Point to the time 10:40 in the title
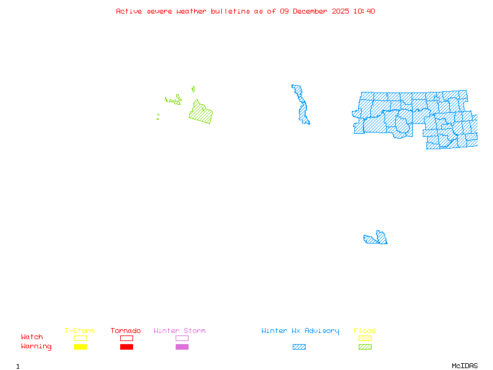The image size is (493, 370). [x=364, y=11]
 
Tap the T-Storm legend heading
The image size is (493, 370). [x=79, y=331]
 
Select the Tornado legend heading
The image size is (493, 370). [x=126, y=331]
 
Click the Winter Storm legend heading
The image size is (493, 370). [x=179, y=331]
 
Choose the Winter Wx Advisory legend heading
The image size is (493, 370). [x=300, y=331]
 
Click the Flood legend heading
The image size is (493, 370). [x=365, y=331]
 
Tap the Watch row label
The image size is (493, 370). [x=32, y=337]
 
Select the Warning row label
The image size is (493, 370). [x=36, y=347]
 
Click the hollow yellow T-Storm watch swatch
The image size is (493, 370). [x=80, y=338]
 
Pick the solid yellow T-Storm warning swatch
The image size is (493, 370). [x=80, y=347]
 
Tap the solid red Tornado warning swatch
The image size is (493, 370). [x=126, y=347]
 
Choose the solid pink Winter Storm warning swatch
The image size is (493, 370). [x=182, y=347]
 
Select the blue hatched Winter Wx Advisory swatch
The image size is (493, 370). [x=299, y=347]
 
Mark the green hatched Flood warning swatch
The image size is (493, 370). [x=365, y=347]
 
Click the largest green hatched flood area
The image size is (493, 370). [x=201, y=113]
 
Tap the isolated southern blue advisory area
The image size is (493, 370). [x=377, y=239]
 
